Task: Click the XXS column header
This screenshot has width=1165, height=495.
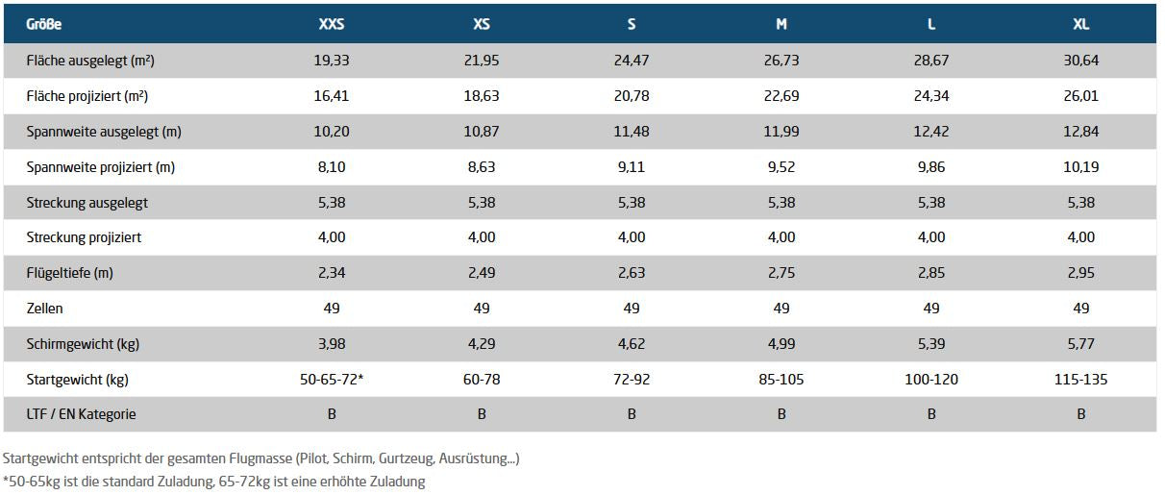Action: tap(332, 24)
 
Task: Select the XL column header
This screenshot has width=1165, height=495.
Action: tap(1080, 24)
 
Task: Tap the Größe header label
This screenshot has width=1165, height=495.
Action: tap(43, 24)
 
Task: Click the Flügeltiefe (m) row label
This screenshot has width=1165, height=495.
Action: tap(70, 272)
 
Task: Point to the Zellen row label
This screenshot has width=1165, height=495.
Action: tap(45, 309)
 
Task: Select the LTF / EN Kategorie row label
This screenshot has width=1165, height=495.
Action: tap(81, 414)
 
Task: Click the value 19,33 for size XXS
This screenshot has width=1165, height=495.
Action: tap(332, 61)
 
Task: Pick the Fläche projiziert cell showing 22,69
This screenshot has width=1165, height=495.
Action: tap(781, 96)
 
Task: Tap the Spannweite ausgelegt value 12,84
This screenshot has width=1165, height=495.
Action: tap(1080, 131)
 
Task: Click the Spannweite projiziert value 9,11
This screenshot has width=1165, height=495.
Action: tap(632, 167)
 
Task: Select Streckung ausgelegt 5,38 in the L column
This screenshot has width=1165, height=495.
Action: tap(931, 202)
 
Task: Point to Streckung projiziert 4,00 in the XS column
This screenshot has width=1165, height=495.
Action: tap(482, 237)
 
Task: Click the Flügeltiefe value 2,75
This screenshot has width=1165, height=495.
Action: tap(781, 272)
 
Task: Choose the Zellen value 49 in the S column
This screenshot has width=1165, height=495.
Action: tap(632, 309)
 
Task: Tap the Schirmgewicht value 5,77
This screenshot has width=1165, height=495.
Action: tap(1080, 344)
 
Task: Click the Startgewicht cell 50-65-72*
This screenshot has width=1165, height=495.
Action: tap(332, 379)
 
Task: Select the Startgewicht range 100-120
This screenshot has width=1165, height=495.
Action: tap(931, 379)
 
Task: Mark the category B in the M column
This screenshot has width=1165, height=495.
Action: tap(781, 414)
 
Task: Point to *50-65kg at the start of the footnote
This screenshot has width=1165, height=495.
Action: tap(32, 482)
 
